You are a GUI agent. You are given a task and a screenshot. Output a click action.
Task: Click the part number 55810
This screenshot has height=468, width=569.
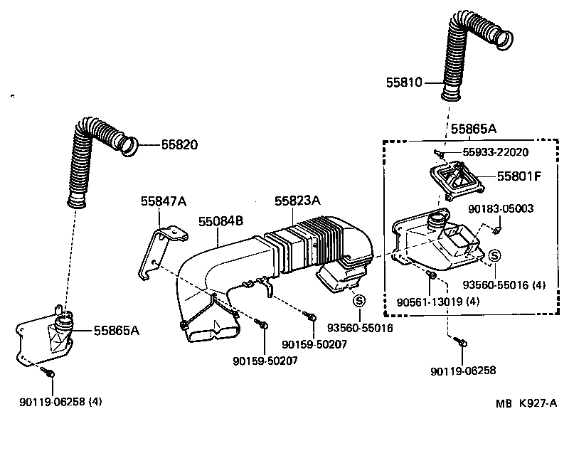click(x=404, y=83)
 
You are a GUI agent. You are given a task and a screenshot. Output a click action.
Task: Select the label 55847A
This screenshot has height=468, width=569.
click(x=162, y=202)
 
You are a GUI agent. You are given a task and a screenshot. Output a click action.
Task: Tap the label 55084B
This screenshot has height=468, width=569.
click(x=221, y=221)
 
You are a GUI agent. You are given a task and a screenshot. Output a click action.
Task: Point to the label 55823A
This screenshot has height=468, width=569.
click(x=297, y=201)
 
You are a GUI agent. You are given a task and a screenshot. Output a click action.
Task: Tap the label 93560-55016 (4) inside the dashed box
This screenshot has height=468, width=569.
click(x=504, y=285)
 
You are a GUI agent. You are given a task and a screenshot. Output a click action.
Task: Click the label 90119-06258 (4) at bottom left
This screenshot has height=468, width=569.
click(x=60, y=401)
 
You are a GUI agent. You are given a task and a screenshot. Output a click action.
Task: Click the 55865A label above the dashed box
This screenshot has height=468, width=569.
click(x=473, y=129)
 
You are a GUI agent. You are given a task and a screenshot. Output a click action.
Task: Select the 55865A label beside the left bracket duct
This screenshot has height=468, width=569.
click(x=117, y=331)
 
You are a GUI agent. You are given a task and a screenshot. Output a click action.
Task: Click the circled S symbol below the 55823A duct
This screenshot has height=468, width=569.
click(x=359, y=300)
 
